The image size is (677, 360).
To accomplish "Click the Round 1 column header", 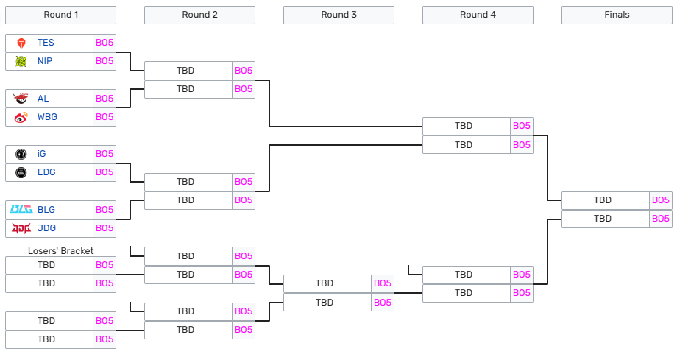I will (60, 15).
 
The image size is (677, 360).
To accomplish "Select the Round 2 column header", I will (199, 15).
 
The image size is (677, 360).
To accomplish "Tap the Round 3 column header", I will (338, 15).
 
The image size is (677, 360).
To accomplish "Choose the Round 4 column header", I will (478, 15).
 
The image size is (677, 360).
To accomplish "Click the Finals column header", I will (617, 15).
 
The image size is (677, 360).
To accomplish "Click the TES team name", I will (46, 43).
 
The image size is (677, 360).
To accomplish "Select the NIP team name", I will (45, 61).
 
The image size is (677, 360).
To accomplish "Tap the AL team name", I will (43, 99).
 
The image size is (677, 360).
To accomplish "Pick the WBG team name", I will (47, 117).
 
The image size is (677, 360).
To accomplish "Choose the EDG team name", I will (46, 172).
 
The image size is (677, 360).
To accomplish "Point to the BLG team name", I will (46, 210).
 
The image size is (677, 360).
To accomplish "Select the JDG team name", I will (46, 228).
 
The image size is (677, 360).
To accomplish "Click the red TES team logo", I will (21, 43).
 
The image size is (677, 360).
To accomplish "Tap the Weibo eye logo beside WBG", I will (21, 117).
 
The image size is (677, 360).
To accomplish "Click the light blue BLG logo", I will (21, 210).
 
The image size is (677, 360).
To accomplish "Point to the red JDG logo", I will (21, 228).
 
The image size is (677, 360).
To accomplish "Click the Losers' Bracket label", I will (60, 251).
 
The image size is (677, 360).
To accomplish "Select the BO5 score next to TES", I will (104, 43).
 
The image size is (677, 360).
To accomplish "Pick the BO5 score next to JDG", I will (104, 228).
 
